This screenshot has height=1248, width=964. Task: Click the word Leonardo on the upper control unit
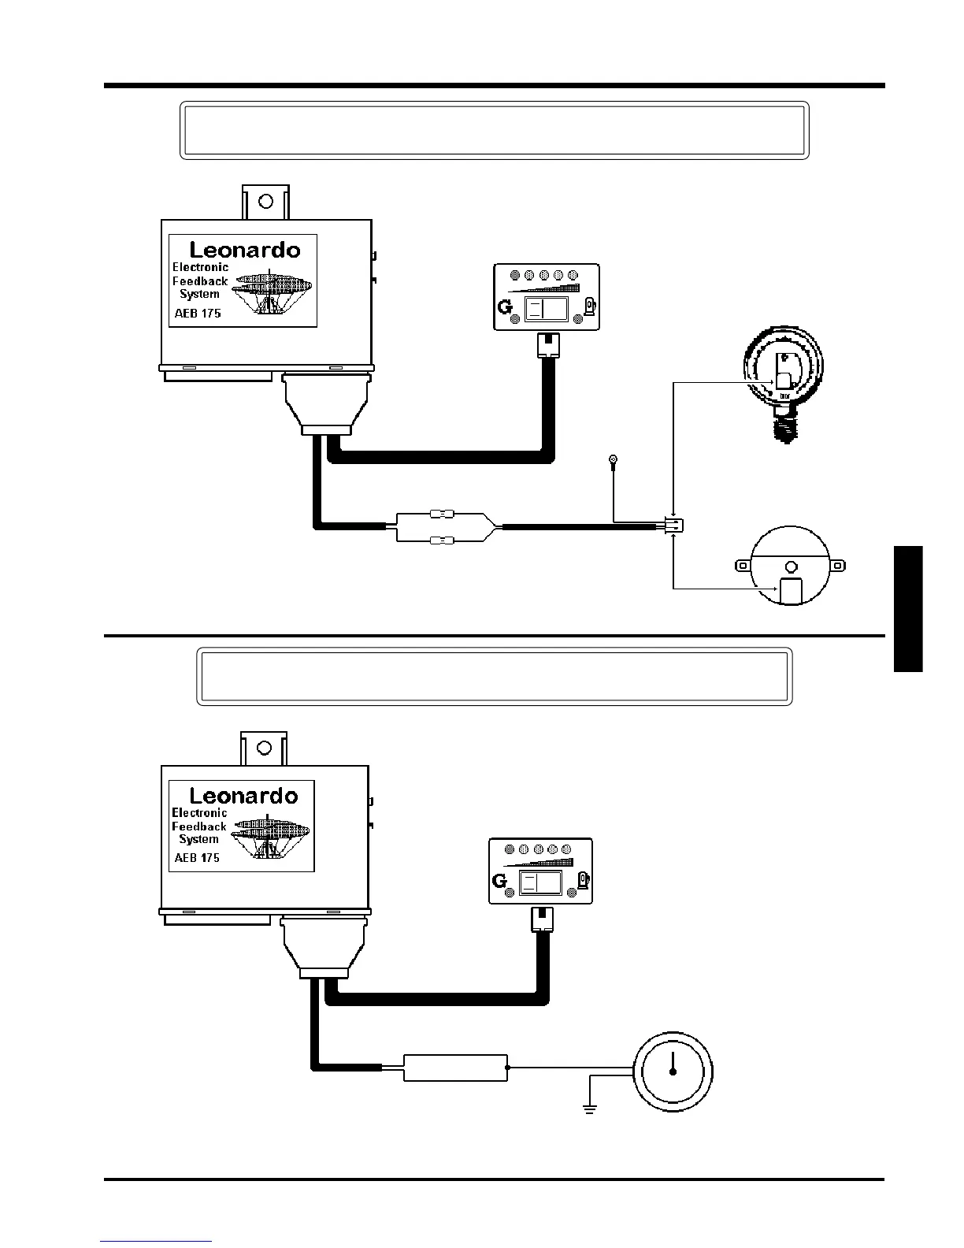245,250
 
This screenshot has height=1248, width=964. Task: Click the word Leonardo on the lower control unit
243,796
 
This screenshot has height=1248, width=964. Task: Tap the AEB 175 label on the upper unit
197,313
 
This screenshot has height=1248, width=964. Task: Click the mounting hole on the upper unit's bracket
265,199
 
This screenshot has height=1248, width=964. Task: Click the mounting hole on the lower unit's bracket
265,747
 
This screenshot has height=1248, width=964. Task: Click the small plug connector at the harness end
673,525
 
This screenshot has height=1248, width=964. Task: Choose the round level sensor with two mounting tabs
791,566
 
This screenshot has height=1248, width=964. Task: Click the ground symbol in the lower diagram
589,1109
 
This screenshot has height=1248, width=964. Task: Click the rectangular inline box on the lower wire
455,1068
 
